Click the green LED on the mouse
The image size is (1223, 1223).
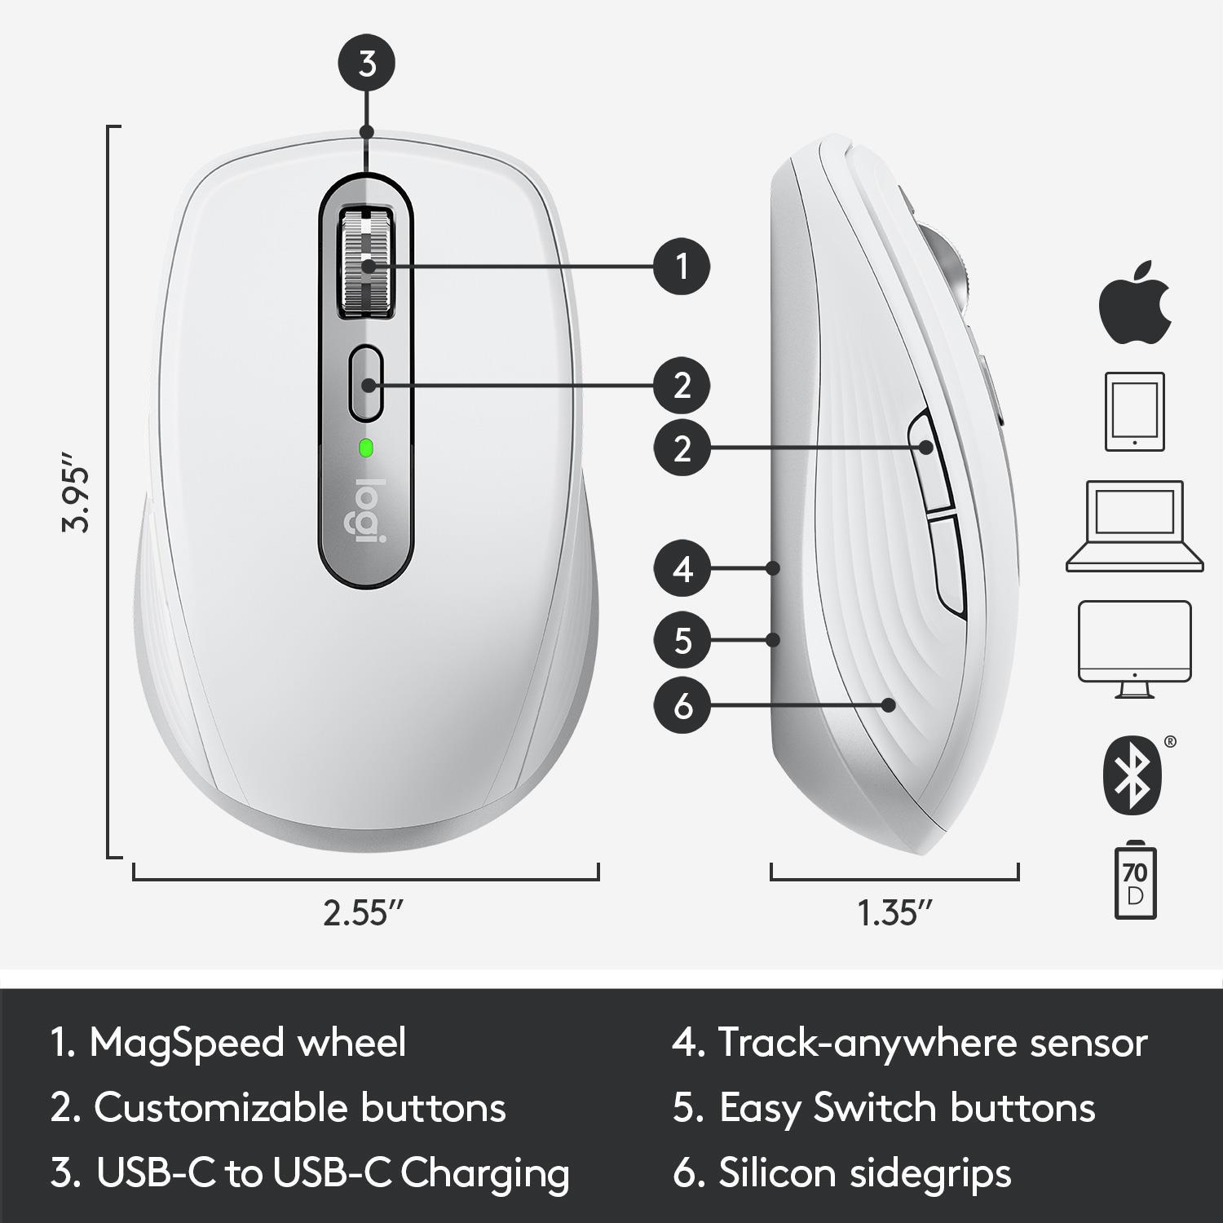coord(365,447)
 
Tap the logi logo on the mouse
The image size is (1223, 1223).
coord(365,511)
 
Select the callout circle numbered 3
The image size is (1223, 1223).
coord(367,64)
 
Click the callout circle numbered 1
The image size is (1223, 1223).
coord(682,266)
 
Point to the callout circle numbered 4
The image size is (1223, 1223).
coord(682,568)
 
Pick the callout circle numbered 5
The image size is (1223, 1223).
coord(682,640)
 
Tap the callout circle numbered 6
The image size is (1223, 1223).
coord(682,705)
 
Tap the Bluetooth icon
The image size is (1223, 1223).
coord(1132,775)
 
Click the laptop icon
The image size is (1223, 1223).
coord(1134,526)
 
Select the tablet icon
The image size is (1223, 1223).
coord(1134,412)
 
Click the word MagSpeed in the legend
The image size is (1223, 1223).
coord(248,1043)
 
